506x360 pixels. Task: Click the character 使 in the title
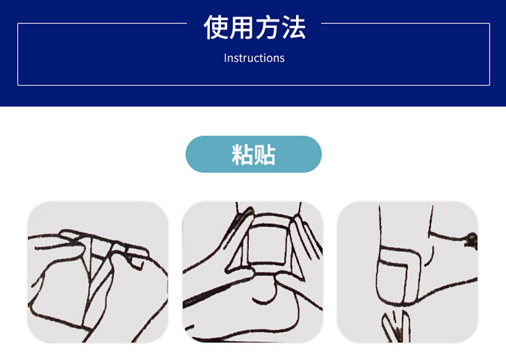[x=216, y=27]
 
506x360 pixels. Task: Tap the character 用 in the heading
[x=241, y=27]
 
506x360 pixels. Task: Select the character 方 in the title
[x=267, y=27]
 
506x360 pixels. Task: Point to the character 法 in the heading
[x=293, y=27]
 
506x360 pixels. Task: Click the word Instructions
[x=254, y=58]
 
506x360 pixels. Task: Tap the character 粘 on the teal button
[x=242, y=155]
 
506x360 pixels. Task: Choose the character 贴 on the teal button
[x=265, y=155]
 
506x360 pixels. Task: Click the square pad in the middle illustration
[x=267, y=246]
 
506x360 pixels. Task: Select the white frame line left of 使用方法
[x=103, y=23]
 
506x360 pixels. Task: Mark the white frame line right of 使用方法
[x=405, y=23]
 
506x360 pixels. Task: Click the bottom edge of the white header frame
[x=254, y=85]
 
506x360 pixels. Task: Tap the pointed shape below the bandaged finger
[x=397, y=326]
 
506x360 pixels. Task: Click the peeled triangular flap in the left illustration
[x=97, y=258]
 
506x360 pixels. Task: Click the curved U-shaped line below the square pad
[x=265, y=292]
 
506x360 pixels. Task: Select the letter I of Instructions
[x=225, y=58]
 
